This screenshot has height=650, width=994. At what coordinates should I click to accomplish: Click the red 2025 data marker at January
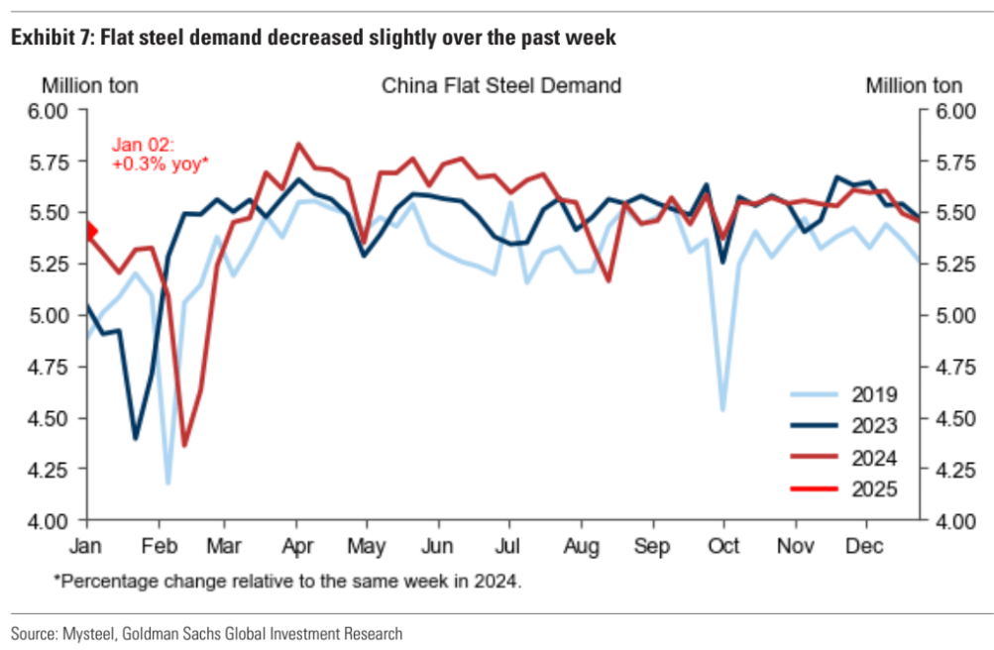[89, 231]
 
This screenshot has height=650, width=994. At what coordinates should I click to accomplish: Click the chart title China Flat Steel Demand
[501, 85]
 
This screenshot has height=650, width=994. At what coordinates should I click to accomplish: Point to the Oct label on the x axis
[723, 545]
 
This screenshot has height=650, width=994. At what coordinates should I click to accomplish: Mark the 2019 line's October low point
[723, 409]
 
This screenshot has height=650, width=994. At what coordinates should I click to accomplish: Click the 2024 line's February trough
[183, 445]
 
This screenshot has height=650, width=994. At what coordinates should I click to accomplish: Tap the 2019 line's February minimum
[167, 484]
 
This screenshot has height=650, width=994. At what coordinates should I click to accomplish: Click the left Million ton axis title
[89, 85]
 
